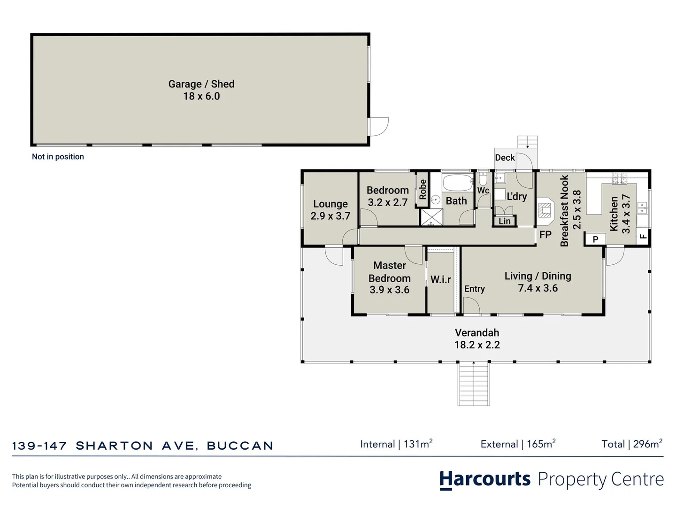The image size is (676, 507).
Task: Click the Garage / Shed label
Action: (x=201, y=84)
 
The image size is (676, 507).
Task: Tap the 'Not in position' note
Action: (x=58, y=157)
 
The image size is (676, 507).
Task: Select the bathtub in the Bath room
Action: (x=458, y=183)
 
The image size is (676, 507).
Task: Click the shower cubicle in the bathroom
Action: (x=431, y=217)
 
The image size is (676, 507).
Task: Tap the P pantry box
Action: (x=595, y=239)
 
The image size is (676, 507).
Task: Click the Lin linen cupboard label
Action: (x=505, y=221)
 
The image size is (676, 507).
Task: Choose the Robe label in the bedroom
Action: (x=422, y=189)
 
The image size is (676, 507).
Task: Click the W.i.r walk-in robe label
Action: (x=440, y=280)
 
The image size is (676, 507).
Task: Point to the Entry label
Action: (x=474, y=289)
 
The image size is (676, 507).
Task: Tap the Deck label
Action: (x=505, y=158)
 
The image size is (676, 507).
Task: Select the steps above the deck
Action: (x=527, y=141)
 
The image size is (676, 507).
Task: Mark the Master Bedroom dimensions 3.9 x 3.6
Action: (x=389, y=290)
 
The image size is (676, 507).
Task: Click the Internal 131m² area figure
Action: (x=396, y=444)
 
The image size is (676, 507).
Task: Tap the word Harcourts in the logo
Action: (x=485, y=479)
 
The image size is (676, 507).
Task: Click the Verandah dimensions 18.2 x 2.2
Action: (x=477, y=345)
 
